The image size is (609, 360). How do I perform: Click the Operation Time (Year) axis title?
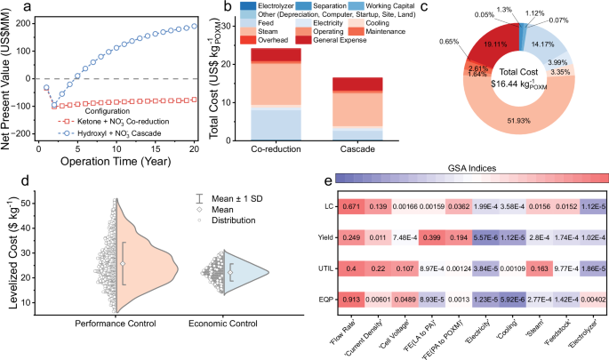pyautogui.click(x=116, y=164)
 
